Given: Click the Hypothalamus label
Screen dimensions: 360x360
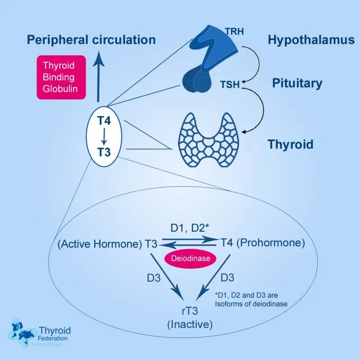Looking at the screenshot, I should [311, 40].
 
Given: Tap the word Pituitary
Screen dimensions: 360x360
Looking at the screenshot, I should [297, 83].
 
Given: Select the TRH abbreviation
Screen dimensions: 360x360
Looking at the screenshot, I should [234, 32].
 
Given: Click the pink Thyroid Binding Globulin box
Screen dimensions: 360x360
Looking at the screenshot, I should [61, 76].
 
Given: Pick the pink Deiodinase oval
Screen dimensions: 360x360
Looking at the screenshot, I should [190, 258].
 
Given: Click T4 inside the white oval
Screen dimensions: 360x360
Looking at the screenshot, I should [104, 121].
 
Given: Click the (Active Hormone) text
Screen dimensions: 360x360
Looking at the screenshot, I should [99, 244].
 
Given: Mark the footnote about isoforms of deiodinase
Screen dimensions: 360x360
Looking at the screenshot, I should [251, 299].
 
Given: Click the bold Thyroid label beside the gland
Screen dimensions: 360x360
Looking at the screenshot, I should [290, 145].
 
